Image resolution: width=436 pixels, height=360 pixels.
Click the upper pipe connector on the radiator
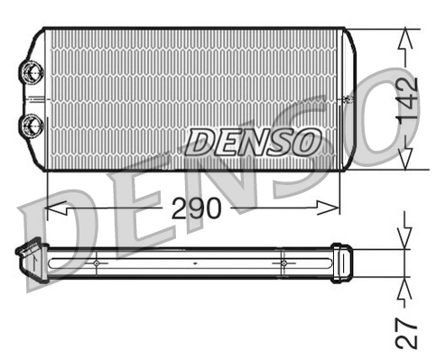click(32, 70)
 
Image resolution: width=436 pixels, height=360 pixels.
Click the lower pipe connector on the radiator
click(32, 124)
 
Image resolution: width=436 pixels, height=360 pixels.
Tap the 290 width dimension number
click(196, 209)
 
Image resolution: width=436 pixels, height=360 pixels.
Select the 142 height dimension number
click(407, 99)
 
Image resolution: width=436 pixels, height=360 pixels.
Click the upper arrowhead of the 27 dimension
click(405, 242)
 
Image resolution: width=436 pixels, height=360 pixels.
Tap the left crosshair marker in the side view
click(96, 263)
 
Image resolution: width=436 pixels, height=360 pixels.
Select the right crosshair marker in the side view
click(283, 263)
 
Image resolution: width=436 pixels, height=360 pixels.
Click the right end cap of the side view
click(340, 263)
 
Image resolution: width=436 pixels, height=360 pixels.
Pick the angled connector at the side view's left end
click(30, 256)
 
